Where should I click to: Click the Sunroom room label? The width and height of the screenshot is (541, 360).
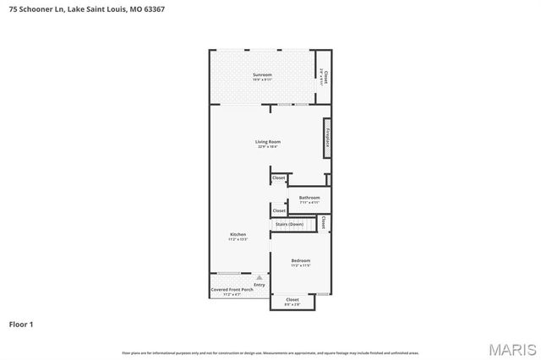262,75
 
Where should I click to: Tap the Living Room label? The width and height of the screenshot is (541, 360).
268,141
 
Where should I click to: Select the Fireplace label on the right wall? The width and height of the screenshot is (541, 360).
325,138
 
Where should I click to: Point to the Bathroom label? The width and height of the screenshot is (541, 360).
309,198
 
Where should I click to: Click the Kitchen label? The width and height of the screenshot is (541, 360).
238,234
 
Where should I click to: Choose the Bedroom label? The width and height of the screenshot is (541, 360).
301,260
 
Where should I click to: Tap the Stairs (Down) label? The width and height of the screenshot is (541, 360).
289,224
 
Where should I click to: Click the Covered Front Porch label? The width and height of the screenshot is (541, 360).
232,290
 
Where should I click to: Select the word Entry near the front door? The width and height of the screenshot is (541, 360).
260,285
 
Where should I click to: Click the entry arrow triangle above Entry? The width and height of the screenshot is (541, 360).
260,277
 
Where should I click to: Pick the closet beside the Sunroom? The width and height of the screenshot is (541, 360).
325,77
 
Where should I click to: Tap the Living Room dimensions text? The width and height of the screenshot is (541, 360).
268,147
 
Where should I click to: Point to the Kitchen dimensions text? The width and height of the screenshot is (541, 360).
238,240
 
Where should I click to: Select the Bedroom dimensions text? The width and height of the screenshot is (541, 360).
301,265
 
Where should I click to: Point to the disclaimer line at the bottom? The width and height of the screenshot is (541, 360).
270,352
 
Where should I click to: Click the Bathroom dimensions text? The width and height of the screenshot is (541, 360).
309,203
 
